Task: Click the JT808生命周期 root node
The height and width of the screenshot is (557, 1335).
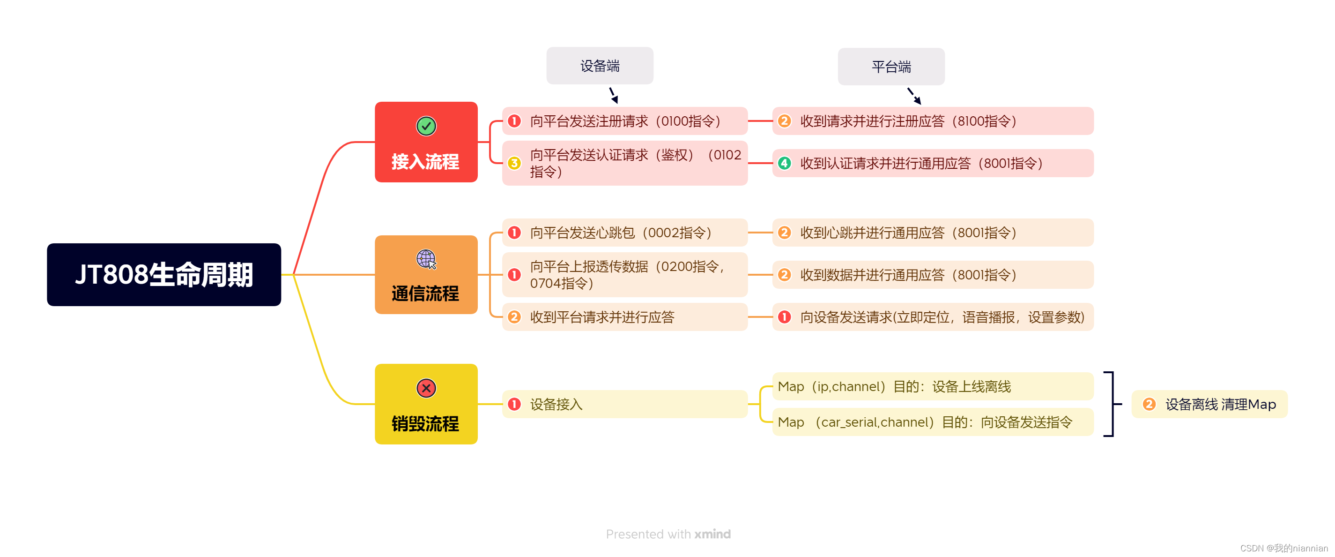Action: coord(164,274)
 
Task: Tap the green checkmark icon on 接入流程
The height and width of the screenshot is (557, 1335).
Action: coord(426,126)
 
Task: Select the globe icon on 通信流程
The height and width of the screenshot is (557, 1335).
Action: coord(426,259)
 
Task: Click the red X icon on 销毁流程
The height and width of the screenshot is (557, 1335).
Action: coord(426,388)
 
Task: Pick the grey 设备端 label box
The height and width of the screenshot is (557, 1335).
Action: coord(600,66)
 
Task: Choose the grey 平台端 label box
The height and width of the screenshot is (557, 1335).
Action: coord(891,67)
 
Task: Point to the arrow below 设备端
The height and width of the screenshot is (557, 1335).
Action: coord(614,96)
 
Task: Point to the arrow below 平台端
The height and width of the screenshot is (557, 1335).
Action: coord(914,96)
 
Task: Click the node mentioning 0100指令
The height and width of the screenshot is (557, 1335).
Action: coord(624,121)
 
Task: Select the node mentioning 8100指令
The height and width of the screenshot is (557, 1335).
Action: coord(932,121)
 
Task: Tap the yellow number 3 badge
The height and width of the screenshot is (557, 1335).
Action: coord(514,163)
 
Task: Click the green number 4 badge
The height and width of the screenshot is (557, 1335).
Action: coord(784,163)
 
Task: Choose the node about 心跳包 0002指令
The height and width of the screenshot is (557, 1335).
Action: coord(624,233)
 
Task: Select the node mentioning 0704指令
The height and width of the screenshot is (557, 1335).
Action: coord(624,275)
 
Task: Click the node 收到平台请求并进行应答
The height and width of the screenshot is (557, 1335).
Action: coord(624,317)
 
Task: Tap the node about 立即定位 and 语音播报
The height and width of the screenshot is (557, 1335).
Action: coord(932,317)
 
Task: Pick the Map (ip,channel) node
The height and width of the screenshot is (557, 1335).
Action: coord(932,386)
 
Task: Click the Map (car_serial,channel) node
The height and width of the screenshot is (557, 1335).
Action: coord(932,422)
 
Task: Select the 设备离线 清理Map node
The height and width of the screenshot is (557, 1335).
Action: coord(1209,404)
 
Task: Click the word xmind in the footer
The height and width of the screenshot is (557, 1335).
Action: coord(712,534)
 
